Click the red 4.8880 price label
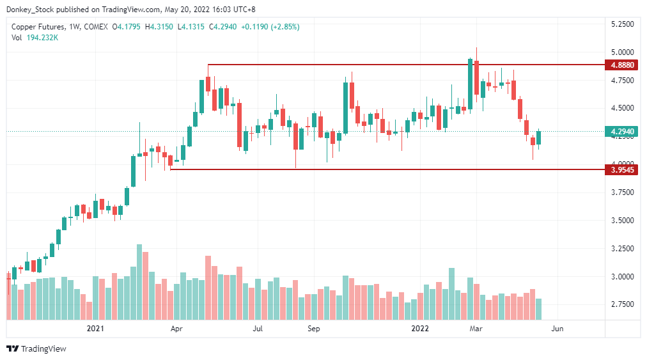pyautogui.click(x=622, y=65)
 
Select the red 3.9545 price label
pyautogui.click(x=622, y=170)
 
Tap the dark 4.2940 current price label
pyautogui.click(x=622, y=132)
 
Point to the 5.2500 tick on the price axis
pyautogui.click(x=622, y=24)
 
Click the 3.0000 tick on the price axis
pyautogui.click(x=622, y=277)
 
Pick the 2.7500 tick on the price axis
pyautogui.click(x=622, y=305)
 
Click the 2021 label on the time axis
pyautogui.click(x=95, y=329)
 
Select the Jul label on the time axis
pyautogui.click(x=258, y=329)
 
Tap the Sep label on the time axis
pyautogui.click(x=313, y=329)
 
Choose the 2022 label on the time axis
pyautogui.click(x=420, y=329)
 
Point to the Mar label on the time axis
pyautogui.click(x=476, y=329)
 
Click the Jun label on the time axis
pyautogui.click(x=557, y=329)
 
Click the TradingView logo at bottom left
pyautogui.click(x=36, y=348)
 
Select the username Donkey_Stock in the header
pyautogui.click(x=29, y=10)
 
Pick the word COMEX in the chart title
pyautogui.click(x=96, y=27)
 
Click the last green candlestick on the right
pyautogui.click(x=539, y=137)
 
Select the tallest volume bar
pyautogui.click(x=139, y=281)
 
